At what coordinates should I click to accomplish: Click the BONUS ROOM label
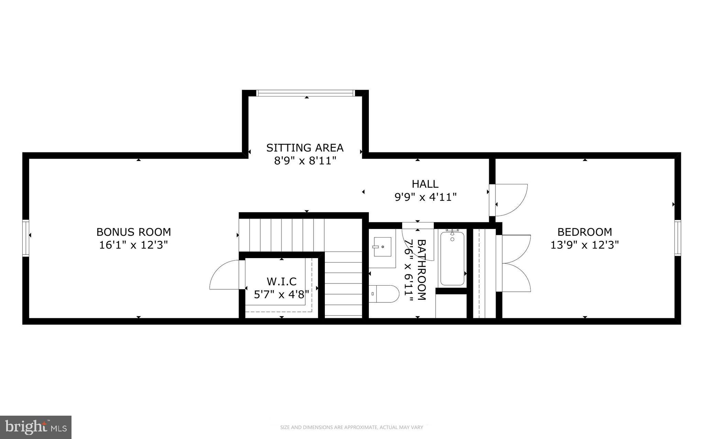133,232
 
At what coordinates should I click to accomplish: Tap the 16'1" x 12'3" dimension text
133,245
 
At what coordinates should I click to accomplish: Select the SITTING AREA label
305,148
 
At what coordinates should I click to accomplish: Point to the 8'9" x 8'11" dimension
305,161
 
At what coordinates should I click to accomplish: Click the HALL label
425,184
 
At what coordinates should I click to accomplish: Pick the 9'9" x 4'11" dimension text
425,197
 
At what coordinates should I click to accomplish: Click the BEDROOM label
585,232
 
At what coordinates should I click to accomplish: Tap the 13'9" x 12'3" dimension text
585,245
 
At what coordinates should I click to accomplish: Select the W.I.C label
282,281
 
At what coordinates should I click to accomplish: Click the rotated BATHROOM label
421,270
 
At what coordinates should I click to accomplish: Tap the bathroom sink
382,247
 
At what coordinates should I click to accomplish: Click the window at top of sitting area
305,92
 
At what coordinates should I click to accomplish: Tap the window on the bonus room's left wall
26,238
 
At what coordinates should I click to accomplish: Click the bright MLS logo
36,427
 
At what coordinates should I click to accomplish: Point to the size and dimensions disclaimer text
351,427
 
